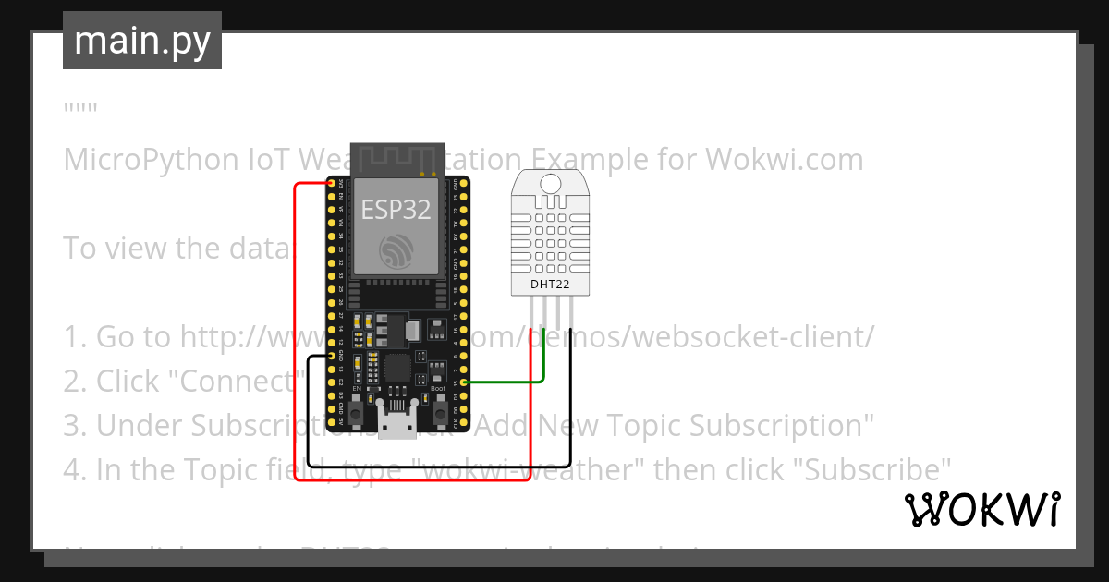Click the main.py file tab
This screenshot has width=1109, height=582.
(x=141, y=41)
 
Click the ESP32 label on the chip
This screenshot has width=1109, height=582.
(x=396, y=210)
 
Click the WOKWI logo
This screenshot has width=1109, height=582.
(x=981, y=509)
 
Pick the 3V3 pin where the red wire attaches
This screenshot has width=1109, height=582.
(x=331, y=184)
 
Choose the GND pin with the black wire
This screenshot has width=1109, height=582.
(x=331, y=355)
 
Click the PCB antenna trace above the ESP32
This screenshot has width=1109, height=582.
(x=396, y=158)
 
